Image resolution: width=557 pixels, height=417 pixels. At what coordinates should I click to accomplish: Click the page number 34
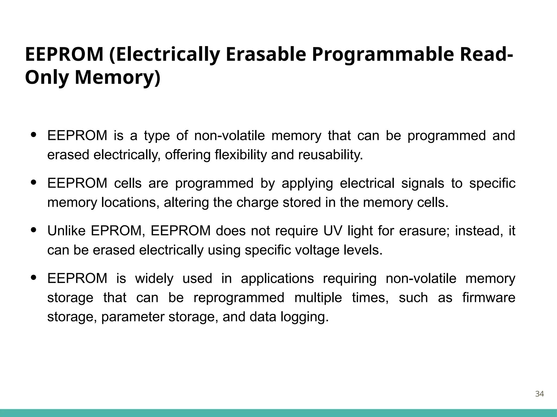pyautogui.click(x=539, y=394)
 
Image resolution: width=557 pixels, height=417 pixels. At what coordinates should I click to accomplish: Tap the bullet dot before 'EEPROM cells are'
pyautogui.click(x=34, y=182)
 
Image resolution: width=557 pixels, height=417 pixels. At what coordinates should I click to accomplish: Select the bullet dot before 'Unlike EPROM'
pyautogui.click(x=34, y=230)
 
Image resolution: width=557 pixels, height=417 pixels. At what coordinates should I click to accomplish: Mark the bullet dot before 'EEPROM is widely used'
pyautogui.click(x=34, y=277)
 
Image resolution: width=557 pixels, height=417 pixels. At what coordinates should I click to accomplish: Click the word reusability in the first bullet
pyautogui.click(x=330, y=155)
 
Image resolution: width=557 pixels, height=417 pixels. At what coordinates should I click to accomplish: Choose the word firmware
pyautogui.click(x=489, y=298)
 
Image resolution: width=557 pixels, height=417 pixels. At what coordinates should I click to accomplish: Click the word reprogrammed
pyautogui.click(x=239, y=298)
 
